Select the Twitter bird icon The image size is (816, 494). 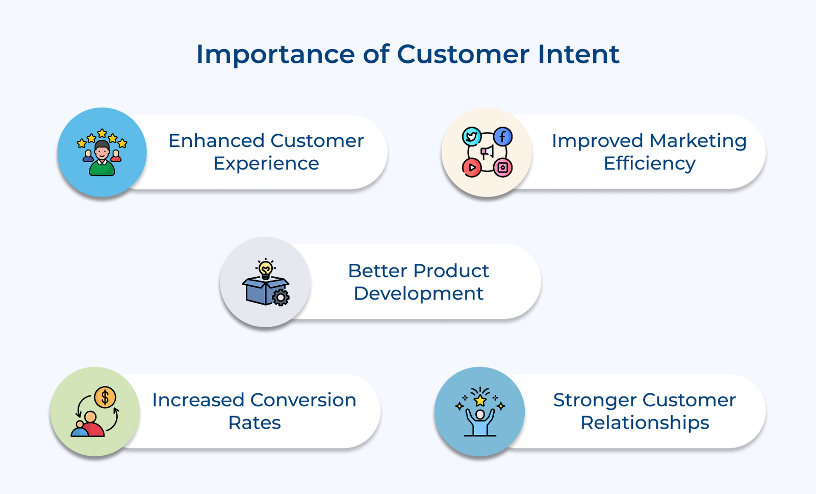click(x=472, y=137)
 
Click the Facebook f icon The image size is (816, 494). click(x=503, y=137)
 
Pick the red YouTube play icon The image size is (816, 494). click(x=472, y=167)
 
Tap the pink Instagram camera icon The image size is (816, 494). click(x=503, y=167)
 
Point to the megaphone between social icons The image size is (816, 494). click(x=488, y=152)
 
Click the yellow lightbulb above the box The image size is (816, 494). click(x=266, y=268)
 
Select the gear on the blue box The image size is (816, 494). click(x=280, y=297)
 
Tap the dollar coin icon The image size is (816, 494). click(x=105, y=397)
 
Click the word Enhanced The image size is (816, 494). click(x=216, y=141)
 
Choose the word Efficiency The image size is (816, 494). click(x=649, y=164)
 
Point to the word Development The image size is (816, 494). click(x=418, y=294)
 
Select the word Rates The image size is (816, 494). click(x=254, y=423)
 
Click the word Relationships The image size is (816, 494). click(x=645, y=423)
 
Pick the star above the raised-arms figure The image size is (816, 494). click(x=480, y=400)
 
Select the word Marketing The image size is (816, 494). click(x=698, y=141)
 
